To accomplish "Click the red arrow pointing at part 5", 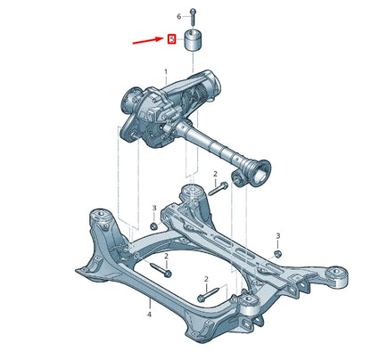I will point(148,41).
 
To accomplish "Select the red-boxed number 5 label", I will point(171,38).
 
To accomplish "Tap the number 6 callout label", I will point(178,16).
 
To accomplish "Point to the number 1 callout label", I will point(165,70).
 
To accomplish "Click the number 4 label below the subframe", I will point(149,315).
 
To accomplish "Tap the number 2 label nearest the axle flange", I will point(215,173).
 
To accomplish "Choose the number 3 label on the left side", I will point(153,208).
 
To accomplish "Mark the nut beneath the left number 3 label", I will point(153,225).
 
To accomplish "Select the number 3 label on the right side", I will point(277,235).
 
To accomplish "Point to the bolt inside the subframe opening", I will point(161,269).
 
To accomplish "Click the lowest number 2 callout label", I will point(205,279).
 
